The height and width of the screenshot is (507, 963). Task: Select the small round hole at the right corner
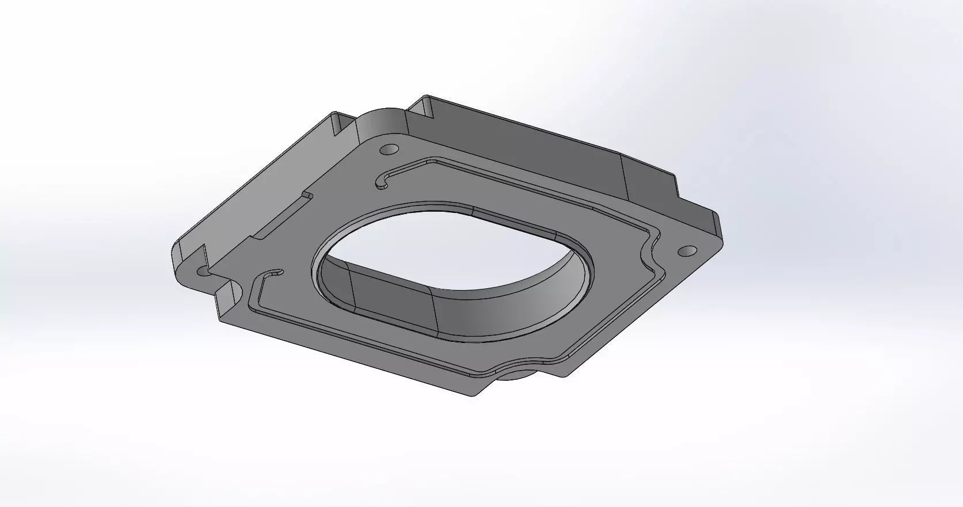click(x=688, y=251)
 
